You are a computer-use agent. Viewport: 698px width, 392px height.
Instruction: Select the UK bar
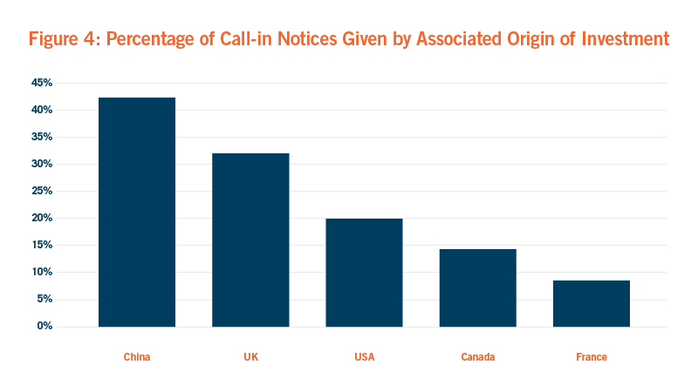pos(250,240)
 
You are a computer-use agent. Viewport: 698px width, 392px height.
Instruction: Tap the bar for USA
pos(364,272)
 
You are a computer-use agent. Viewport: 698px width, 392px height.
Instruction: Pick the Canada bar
pos(477,287)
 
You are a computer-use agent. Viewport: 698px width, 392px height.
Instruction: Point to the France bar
pos(592,303)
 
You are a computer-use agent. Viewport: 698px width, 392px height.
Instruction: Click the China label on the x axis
pos(137,357)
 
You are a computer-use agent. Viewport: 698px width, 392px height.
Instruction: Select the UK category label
pos(250,357)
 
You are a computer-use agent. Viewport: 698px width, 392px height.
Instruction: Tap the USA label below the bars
pos(364,357)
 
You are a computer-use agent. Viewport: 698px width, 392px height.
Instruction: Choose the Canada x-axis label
pos(477,357)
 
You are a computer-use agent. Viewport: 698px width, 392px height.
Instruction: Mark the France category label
pos(592,357)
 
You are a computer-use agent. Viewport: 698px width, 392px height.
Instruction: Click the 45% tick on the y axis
pos(43,83)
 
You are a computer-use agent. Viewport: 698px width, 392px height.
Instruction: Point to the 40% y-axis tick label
pos(43,110)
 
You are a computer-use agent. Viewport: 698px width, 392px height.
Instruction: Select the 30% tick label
pos(43,164)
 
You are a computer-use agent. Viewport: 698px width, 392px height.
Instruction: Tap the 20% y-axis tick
pos(43,218)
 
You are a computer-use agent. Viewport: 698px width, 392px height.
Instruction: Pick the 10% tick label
pos(43,272)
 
